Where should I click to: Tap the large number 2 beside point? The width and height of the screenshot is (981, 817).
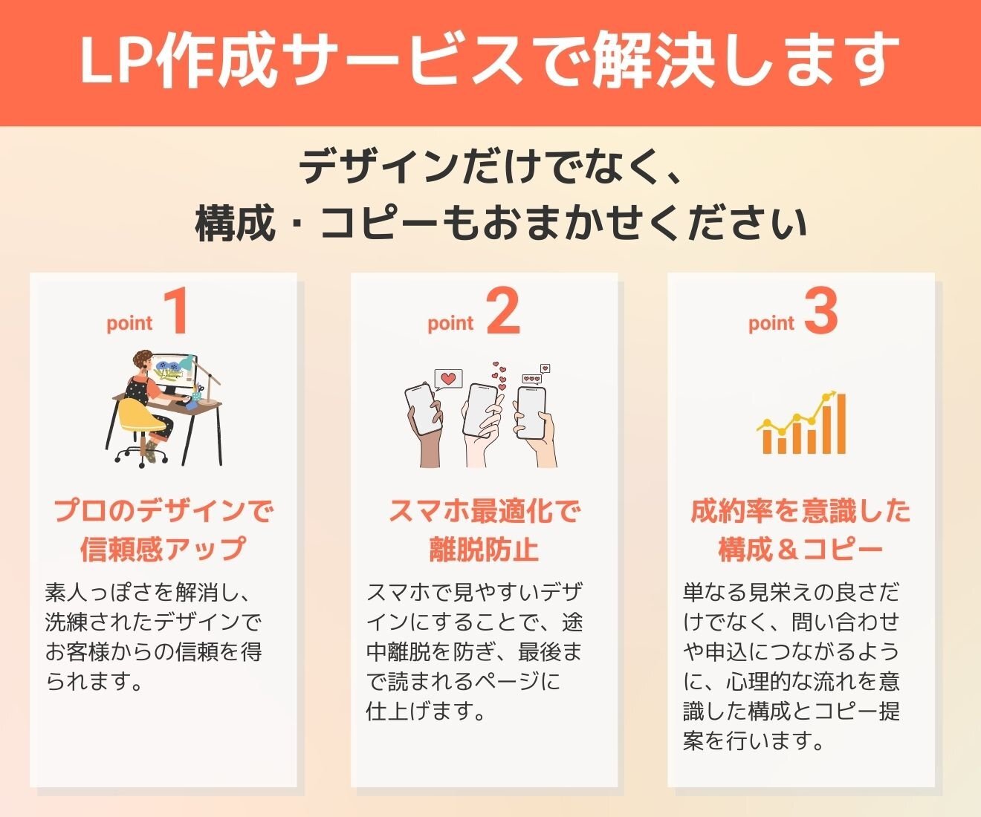(503, 311)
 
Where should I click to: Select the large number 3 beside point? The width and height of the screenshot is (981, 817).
(821, 311)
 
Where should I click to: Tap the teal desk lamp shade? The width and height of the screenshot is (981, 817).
(187, 363)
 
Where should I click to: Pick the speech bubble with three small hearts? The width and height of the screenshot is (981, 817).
(532, 379)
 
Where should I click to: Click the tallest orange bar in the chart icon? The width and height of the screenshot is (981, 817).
(841, 423)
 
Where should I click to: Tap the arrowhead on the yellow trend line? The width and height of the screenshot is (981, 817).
(832, 394)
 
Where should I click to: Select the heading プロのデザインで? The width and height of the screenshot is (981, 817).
(163, 511)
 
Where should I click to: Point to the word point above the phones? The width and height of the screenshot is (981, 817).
(450, 323)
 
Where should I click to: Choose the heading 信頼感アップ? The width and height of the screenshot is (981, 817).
(163, 548)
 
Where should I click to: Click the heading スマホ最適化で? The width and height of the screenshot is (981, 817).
(484, 511)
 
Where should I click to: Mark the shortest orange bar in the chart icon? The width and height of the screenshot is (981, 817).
(782, 444)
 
